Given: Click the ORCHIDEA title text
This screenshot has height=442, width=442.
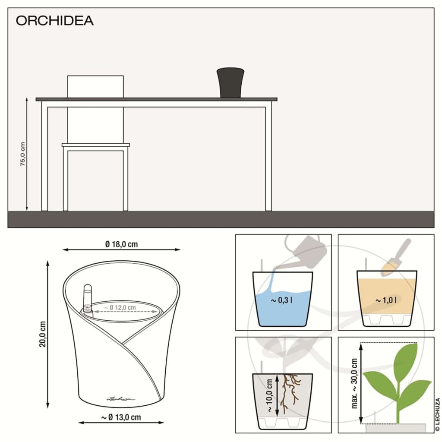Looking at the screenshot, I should pos(54,21).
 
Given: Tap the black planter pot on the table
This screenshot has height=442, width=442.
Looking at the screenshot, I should pos(231,82).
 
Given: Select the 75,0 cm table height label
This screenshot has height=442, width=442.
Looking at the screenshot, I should pos(23,154).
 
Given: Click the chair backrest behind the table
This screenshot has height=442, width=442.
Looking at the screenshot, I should pos(95,86).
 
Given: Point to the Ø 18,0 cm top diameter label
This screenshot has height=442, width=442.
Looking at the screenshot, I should pos(122,244).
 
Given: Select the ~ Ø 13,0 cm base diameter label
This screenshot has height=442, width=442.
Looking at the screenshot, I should pos(121,417).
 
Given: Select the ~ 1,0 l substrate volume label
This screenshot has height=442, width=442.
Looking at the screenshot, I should pos(385,300).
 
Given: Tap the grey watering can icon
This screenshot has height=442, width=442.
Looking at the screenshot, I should pos(306,252).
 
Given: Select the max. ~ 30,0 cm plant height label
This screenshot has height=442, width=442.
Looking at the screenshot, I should pos(354,383).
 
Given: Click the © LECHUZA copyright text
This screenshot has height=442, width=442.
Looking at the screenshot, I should pos(437,414).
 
